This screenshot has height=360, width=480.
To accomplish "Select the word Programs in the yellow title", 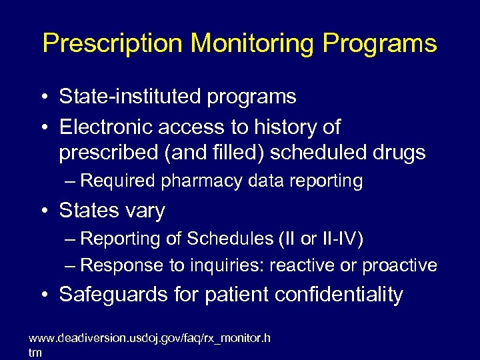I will click(x=379, y=43).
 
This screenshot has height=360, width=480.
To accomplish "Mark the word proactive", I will click(x=399, y=265).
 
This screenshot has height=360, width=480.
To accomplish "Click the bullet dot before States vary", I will click(x=43, y=211).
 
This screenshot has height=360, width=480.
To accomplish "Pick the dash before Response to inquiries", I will click(x=72, y=265).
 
